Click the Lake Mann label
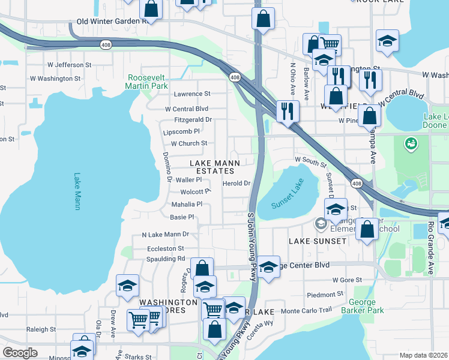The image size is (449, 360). [77, 191]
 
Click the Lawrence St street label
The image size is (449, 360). [192, 94]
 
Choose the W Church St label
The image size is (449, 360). [189, 144]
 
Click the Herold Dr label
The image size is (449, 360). [236, 184]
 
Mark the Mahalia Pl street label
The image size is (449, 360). [187, 205]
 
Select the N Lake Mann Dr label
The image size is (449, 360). [166, 235]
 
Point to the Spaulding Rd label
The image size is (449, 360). [166, 259]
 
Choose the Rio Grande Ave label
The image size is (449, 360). [431, 248]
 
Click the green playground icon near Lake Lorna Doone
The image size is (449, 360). [411, 143]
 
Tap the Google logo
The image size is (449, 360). [20, 353]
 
